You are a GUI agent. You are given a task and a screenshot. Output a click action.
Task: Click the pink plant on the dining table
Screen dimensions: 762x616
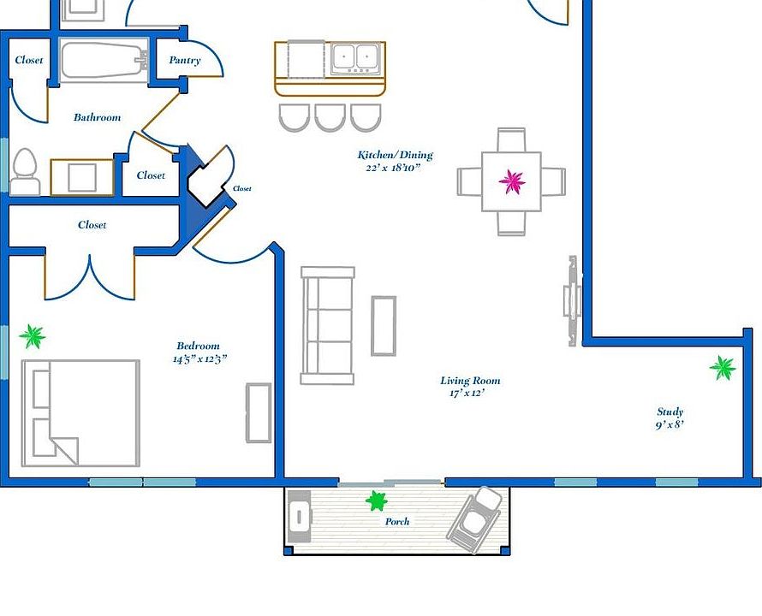click(x=512, y=181)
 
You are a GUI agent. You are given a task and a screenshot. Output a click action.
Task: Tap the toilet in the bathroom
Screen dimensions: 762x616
click(x=25, y=172)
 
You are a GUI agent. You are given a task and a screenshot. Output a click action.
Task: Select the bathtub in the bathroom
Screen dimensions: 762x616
click(x=104, y=61)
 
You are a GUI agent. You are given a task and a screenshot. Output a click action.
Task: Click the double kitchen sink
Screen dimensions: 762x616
click(x=354, y=59)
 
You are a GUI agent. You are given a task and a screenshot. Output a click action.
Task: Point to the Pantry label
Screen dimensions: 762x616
click(x=185, y=60)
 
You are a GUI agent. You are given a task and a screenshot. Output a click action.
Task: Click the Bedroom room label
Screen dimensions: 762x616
click(x=198, y=346)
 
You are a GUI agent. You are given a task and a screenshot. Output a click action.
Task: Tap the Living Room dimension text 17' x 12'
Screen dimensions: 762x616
click(x=467, y=393)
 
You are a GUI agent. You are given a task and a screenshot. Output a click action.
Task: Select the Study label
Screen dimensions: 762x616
click(x=670, y=412)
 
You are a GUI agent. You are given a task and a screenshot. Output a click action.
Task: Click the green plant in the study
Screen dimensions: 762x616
click(x=723, y=368)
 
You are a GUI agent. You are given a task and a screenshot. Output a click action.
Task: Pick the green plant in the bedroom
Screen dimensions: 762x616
click(x=33, y=336)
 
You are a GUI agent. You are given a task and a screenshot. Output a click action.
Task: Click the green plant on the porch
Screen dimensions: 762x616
click(x=376, y=500)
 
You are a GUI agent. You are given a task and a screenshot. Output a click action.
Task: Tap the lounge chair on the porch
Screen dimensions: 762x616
click(x=474, y=519)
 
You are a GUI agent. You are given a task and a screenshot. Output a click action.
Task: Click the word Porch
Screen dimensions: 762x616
click(x=397, y=521)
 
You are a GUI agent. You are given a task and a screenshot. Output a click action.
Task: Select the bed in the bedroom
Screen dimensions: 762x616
click(x=80, y=413)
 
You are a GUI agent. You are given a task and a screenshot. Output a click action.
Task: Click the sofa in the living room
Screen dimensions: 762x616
click(x=328, y=325)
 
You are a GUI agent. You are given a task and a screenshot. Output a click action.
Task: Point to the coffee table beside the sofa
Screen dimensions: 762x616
click(x=384, y=326)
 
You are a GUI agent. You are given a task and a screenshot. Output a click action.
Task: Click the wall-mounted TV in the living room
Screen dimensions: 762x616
click(x=573, y=300)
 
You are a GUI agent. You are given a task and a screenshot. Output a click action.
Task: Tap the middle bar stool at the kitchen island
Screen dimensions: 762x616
click(x=330, y=117)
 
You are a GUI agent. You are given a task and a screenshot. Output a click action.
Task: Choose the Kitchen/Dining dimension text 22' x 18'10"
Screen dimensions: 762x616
click(x=393, y=168)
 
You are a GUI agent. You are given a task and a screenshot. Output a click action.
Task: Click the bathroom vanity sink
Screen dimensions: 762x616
click(x=81, y=177)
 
